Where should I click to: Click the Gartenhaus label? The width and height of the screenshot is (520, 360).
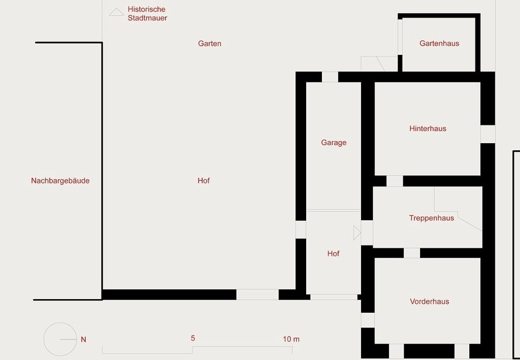pos(439,43)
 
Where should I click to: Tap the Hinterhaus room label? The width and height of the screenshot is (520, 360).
pos(428,129)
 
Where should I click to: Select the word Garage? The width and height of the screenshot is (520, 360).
pos(334,143)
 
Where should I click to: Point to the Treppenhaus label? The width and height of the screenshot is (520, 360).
pos(431,218)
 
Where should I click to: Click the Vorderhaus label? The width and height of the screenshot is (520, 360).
pos(429,302)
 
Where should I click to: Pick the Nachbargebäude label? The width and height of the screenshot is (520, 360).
pos(60,181)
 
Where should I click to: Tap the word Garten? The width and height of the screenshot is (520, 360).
pos(210,43)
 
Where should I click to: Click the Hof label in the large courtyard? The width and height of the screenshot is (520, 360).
pos(204,181)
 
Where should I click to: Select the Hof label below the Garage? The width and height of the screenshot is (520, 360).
pos(333,254)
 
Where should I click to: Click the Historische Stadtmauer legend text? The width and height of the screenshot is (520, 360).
pos(147,13)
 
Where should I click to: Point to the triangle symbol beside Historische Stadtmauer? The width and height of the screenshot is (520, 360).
pos(116,12)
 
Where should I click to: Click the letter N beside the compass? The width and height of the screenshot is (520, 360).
pos(84,340)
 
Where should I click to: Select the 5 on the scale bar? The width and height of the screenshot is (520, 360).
pos(193,338)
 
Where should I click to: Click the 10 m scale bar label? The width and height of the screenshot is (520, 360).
pos(291,339)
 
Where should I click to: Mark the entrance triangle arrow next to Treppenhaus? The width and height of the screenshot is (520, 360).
pos(357,233)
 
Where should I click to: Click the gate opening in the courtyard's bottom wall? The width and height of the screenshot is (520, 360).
pos(257,295)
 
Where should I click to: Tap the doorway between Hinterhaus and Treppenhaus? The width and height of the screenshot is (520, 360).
pos(394,181)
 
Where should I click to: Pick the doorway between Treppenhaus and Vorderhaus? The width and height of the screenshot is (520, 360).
pos(412,253)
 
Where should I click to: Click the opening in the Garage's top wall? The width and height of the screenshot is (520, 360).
pos(330,77)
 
